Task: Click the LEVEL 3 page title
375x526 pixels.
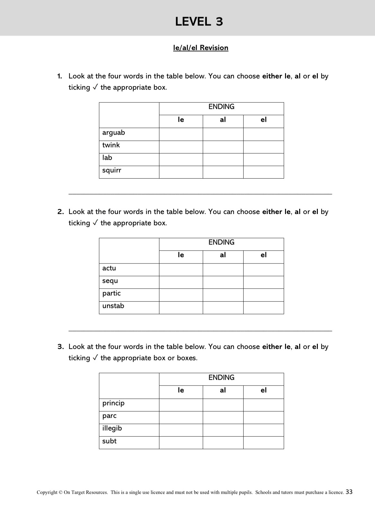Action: point(199,22)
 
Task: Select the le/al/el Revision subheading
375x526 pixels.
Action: point(201,48)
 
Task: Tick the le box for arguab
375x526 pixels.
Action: point(181,134)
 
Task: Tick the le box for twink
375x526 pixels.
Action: point(181,147)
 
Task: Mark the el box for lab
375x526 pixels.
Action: point(263,159)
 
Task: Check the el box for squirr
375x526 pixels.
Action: point(263,172)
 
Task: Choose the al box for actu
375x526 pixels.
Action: point(223,270)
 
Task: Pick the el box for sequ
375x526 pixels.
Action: point(263,282)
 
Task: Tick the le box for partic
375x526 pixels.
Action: point(181,295)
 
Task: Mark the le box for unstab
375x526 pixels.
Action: point(181,308)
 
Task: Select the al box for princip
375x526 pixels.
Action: point(223,405)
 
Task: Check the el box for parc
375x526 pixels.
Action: point(263,417)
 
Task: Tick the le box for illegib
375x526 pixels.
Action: point(181,430)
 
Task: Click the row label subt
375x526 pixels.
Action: point(109,441)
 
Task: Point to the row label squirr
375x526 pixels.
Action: point(112,170)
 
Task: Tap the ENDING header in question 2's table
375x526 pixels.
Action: point(221,242)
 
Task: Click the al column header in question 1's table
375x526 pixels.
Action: point(223,120)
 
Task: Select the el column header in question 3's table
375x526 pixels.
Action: point(263,390)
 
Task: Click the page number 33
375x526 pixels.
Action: point(349,492)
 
